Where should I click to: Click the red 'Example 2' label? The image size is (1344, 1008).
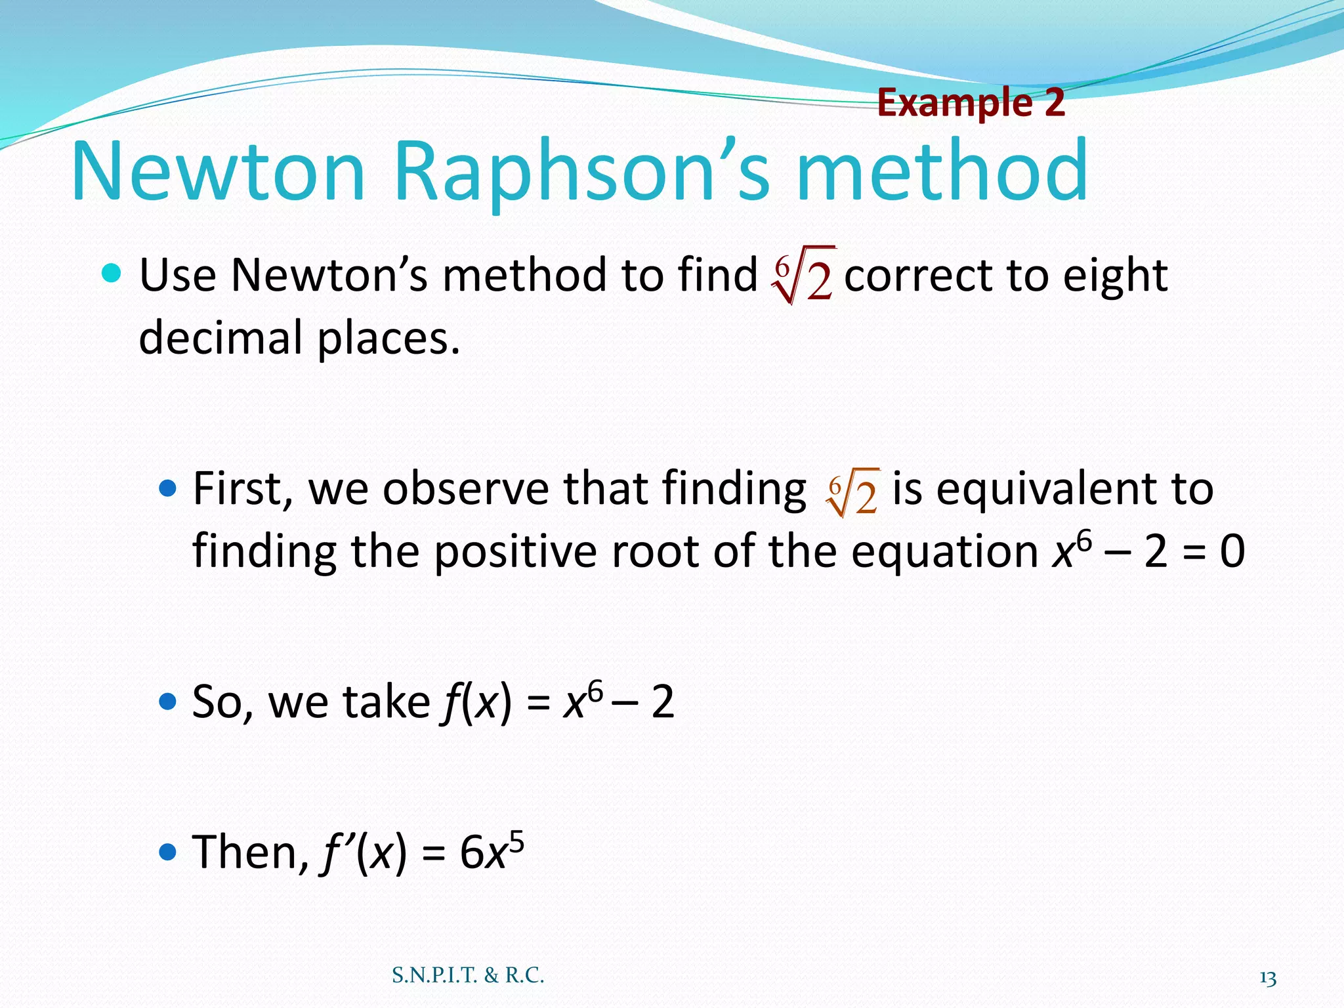[x=971, y=103]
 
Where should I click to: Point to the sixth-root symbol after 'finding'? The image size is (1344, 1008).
[x=852, y=492]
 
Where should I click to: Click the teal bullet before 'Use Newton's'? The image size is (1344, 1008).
[x=112, y=273]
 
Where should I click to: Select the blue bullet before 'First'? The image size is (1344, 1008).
[x=168, y=488]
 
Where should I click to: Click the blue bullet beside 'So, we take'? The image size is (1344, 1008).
[x=168, y=702]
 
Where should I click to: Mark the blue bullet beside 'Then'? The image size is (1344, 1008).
[x=168, y=852]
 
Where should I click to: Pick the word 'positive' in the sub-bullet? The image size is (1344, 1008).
[x=515, y=552]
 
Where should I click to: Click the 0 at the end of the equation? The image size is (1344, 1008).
[x=1232, y=552]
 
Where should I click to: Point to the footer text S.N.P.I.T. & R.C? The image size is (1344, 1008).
[x=468, y=975]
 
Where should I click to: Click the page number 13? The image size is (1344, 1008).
[x=1268, y=978]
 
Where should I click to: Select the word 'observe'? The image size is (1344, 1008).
[x=465, y=490]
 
